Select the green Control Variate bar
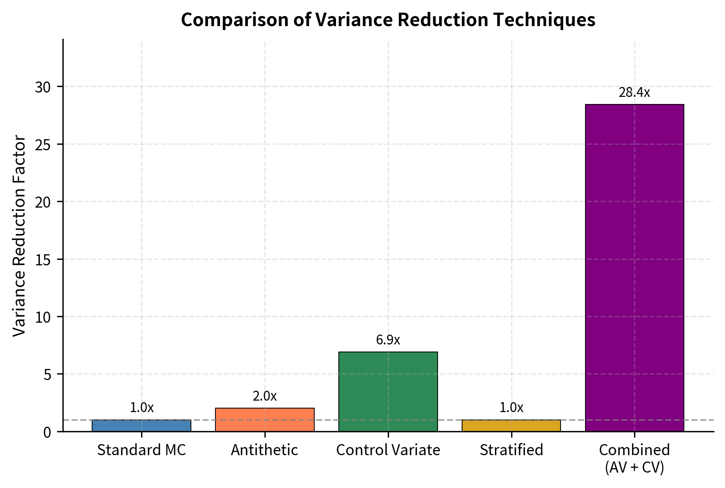pyautogui.click(x=388, y=392)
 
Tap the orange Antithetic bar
pyautogui.click(x=264, y=420)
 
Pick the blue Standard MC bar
pyautogui.click(x=142, y=426)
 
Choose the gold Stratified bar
pyautogui.click(x=511, y=426)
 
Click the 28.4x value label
pyautogui.click(x=634, y=93)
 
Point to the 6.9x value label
pyautogui.click(x=388, y=340)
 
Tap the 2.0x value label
pyautogui.click(x=264, y=396)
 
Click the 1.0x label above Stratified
pyautogui.click(x=511, y=407)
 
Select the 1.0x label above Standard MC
pyautogui.click(x=142, y=407)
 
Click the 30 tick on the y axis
pyautogui.click(x=43, y=87)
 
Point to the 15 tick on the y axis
pyautogui.click(x=43, y=259)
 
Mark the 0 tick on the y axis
pyautogui.click(x=47, y=432)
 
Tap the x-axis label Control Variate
pyautogui.click(x=388, y=450)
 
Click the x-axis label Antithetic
pyautogui.click(x=264, y=450)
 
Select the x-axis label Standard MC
pyautogui.click(x=142, y=450)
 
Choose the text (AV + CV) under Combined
pyautogui.click(x=634, y=467)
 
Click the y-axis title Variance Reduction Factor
pyautogui.click(x=19, y=236)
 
